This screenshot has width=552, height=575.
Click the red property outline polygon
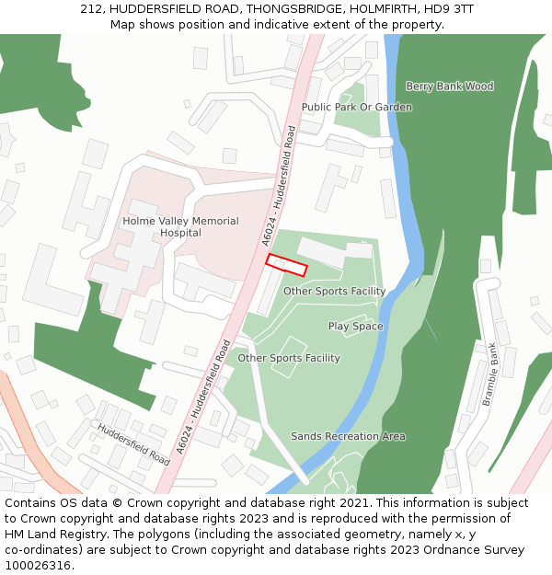click(286, 265)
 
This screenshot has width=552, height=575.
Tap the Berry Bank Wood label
click(450, 86)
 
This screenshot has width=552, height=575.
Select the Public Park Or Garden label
click(357, 107)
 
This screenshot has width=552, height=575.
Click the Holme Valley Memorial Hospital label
click(180, 227)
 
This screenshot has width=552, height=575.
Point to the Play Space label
click(356, 327)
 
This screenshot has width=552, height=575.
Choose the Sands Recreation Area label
click(348, 436)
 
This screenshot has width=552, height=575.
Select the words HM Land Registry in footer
click(51, 535)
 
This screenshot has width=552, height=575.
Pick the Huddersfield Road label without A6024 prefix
click(133, 444)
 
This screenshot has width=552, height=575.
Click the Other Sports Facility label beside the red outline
click(334, 292)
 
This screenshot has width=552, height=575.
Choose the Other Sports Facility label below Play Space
click(289, 358)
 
